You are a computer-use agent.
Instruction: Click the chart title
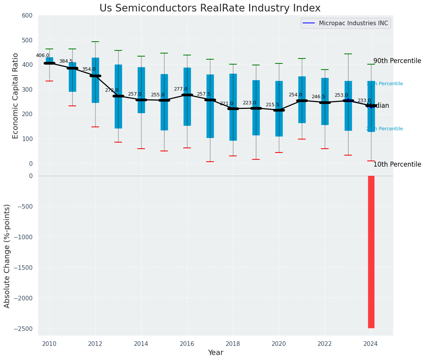210,8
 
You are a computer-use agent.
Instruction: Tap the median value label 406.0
42,55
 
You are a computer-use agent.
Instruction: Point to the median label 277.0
181,89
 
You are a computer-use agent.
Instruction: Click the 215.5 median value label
272,105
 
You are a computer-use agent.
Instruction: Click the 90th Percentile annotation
397,61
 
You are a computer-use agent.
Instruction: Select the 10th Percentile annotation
397,165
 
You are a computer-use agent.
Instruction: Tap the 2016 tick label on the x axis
187,344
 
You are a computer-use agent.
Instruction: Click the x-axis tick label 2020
279,344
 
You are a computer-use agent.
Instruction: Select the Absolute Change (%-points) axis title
7,256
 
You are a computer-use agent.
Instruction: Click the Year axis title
215,353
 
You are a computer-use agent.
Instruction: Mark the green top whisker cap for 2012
95,42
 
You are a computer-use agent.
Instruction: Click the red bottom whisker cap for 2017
210,162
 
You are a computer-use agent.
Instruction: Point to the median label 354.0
89,69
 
